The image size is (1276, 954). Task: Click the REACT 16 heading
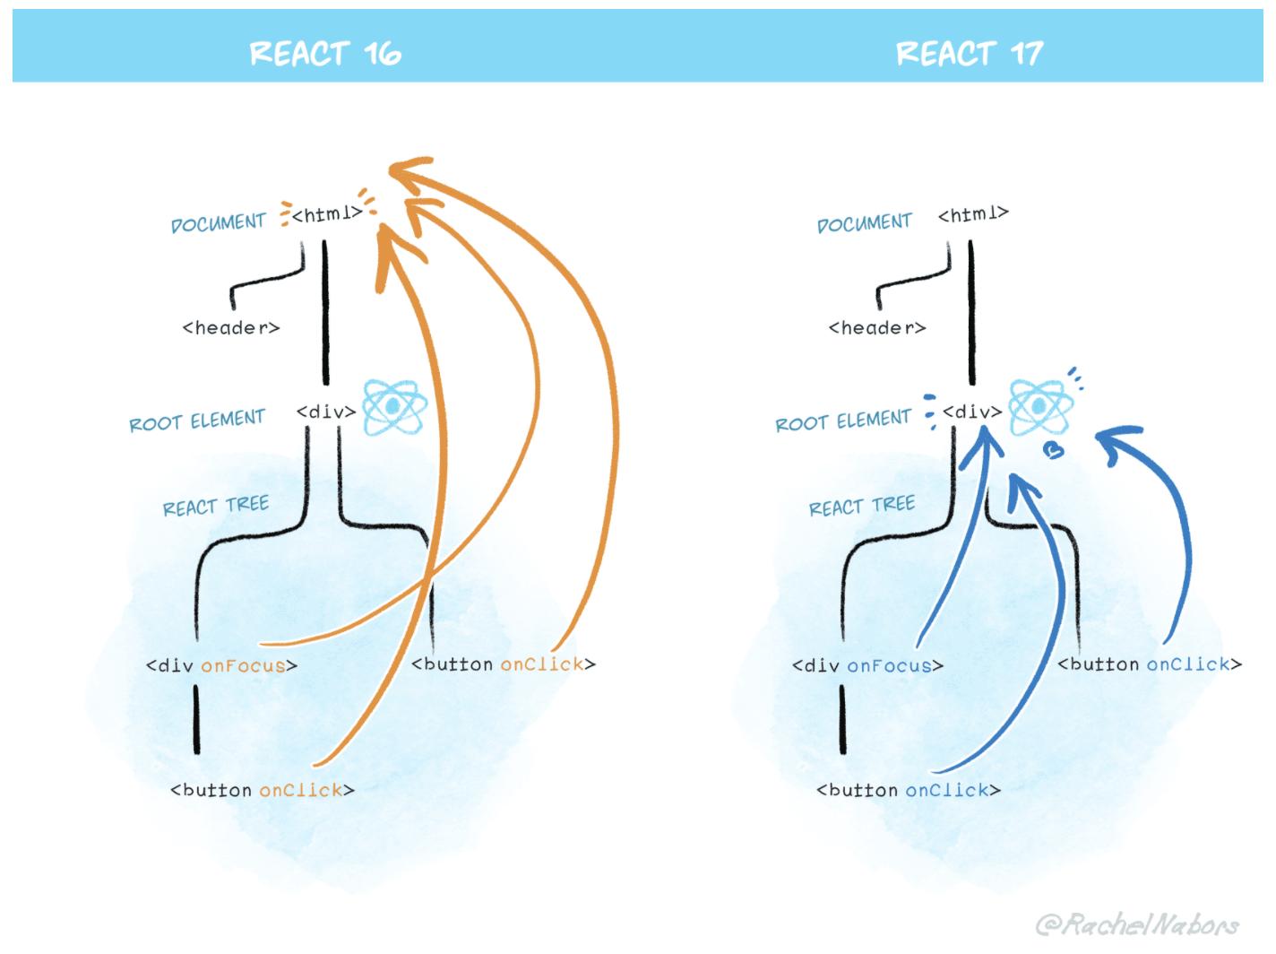pos(325,54)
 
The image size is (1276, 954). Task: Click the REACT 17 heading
pos(970,54)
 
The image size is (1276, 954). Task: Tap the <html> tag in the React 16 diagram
pos(327,214)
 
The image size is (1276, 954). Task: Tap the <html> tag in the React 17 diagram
pos(973,214)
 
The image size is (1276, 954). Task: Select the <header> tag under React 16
pos(231,328)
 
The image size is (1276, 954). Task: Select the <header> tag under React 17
pos(877,328)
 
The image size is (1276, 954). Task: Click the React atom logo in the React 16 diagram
pos(394,407)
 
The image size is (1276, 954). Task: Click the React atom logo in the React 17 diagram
pos(1039,407)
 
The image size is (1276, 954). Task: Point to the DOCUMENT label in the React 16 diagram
pos(218,222)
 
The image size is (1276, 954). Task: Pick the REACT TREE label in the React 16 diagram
pos(215,507)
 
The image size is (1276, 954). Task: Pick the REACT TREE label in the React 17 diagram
pos(861,507)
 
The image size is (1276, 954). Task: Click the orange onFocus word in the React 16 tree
pos(243,666)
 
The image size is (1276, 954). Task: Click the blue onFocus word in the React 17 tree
pos(889,666)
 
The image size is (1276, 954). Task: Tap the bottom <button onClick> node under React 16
pos(263,790)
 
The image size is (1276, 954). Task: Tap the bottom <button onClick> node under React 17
pos(909,790)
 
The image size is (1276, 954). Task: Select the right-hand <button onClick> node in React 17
pos(1150,664)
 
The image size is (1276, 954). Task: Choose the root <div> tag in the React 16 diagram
pos(326,412)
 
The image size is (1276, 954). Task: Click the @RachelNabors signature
pos(1137,924)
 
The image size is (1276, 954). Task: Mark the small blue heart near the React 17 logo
pos(1054,450)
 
